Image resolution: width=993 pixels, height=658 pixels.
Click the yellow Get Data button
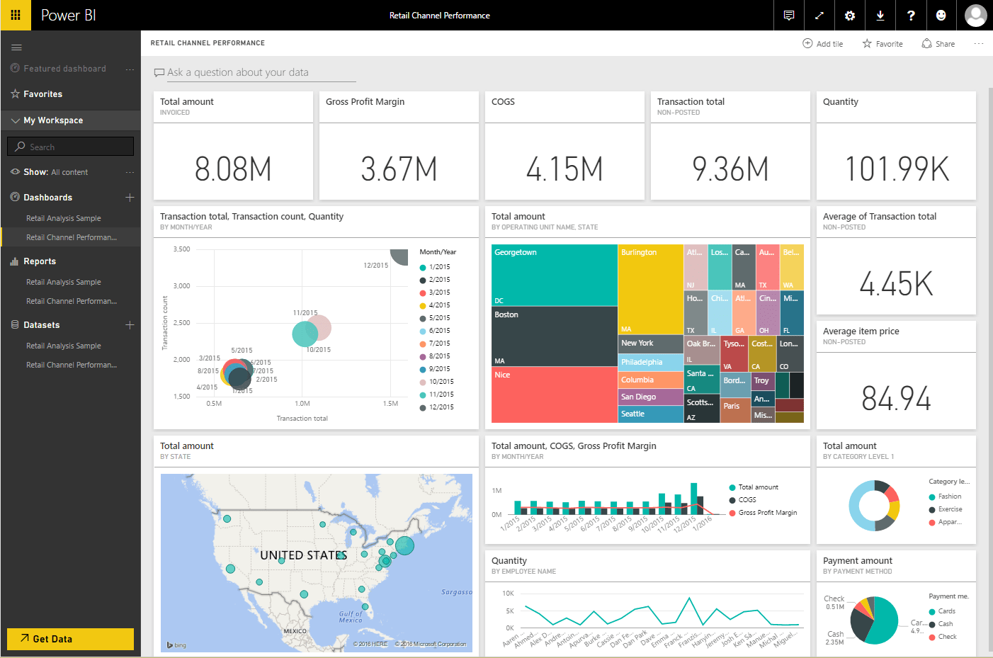[70, 639]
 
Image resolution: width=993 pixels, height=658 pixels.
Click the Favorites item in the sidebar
[42, 94]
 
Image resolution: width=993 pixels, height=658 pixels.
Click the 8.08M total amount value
[233, 169]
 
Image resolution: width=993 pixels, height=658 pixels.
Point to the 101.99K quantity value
[897, 169]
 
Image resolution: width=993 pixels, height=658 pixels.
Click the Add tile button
[823, 44]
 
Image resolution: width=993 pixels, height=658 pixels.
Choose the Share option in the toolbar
[938, 44]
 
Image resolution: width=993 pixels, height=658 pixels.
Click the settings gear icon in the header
[850, 16]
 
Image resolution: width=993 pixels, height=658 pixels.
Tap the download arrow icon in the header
[880, 16]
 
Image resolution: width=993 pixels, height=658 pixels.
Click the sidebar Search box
[71, 147]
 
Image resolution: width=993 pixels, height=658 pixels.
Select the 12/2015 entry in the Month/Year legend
[441, 407]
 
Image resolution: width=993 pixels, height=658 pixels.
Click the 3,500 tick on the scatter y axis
[181, 249]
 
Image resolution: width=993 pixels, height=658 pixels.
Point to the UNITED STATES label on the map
[303, 555]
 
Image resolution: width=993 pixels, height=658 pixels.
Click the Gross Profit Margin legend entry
[767, 513]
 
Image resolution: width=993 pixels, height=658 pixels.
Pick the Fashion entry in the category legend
[949, 497]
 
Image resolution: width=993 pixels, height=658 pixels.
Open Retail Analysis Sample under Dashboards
[64, 218]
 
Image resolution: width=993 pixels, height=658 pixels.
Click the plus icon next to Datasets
[130, 325]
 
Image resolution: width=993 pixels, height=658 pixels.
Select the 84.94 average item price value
[896, 399]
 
